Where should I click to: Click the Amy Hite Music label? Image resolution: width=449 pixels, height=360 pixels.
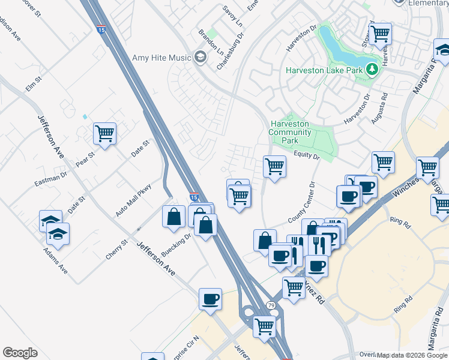(x=161, y=58)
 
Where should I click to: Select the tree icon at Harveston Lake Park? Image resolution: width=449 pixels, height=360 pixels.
(x=372, y=70)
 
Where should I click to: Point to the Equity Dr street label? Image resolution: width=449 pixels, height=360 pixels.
(x=307, y=155)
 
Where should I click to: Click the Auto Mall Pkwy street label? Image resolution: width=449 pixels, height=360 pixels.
(x=133, y=200)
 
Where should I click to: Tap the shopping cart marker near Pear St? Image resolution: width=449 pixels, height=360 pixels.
(x=105, y=134)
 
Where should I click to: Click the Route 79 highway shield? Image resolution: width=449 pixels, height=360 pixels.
(x=271, y=306)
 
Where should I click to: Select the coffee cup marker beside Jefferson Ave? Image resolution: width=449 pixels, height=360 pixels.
(x=210, y=299)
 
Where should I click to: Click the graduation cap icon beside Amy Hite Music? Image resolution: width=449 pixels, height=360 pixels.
(x=200, y=58)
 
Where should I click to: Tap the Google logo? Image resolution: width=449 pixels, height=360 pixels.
(x=20, y=353)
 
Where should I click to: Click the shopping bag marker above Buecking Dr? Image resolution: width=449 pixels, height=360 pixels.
(x=173, y=217)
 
